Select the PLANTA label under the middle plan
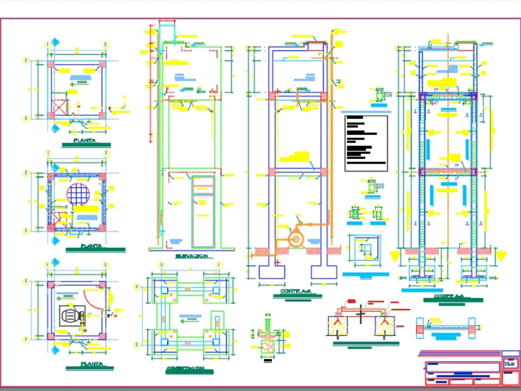point(91,246)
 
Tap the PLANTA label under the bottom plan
point(91,364)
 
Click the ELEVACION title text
point(192,256)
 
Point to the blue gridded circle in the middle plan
point(78,194)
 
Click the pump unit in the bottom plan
point(71,317)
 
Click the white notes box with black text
point(366,143)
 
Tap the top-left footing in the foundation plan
point(165,288)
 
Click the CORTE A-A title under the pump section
point(295,292)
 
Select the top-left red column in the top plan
point(52,65)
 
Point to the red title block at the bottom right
point(463,373)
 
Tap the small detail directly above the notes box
point(381,96)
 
